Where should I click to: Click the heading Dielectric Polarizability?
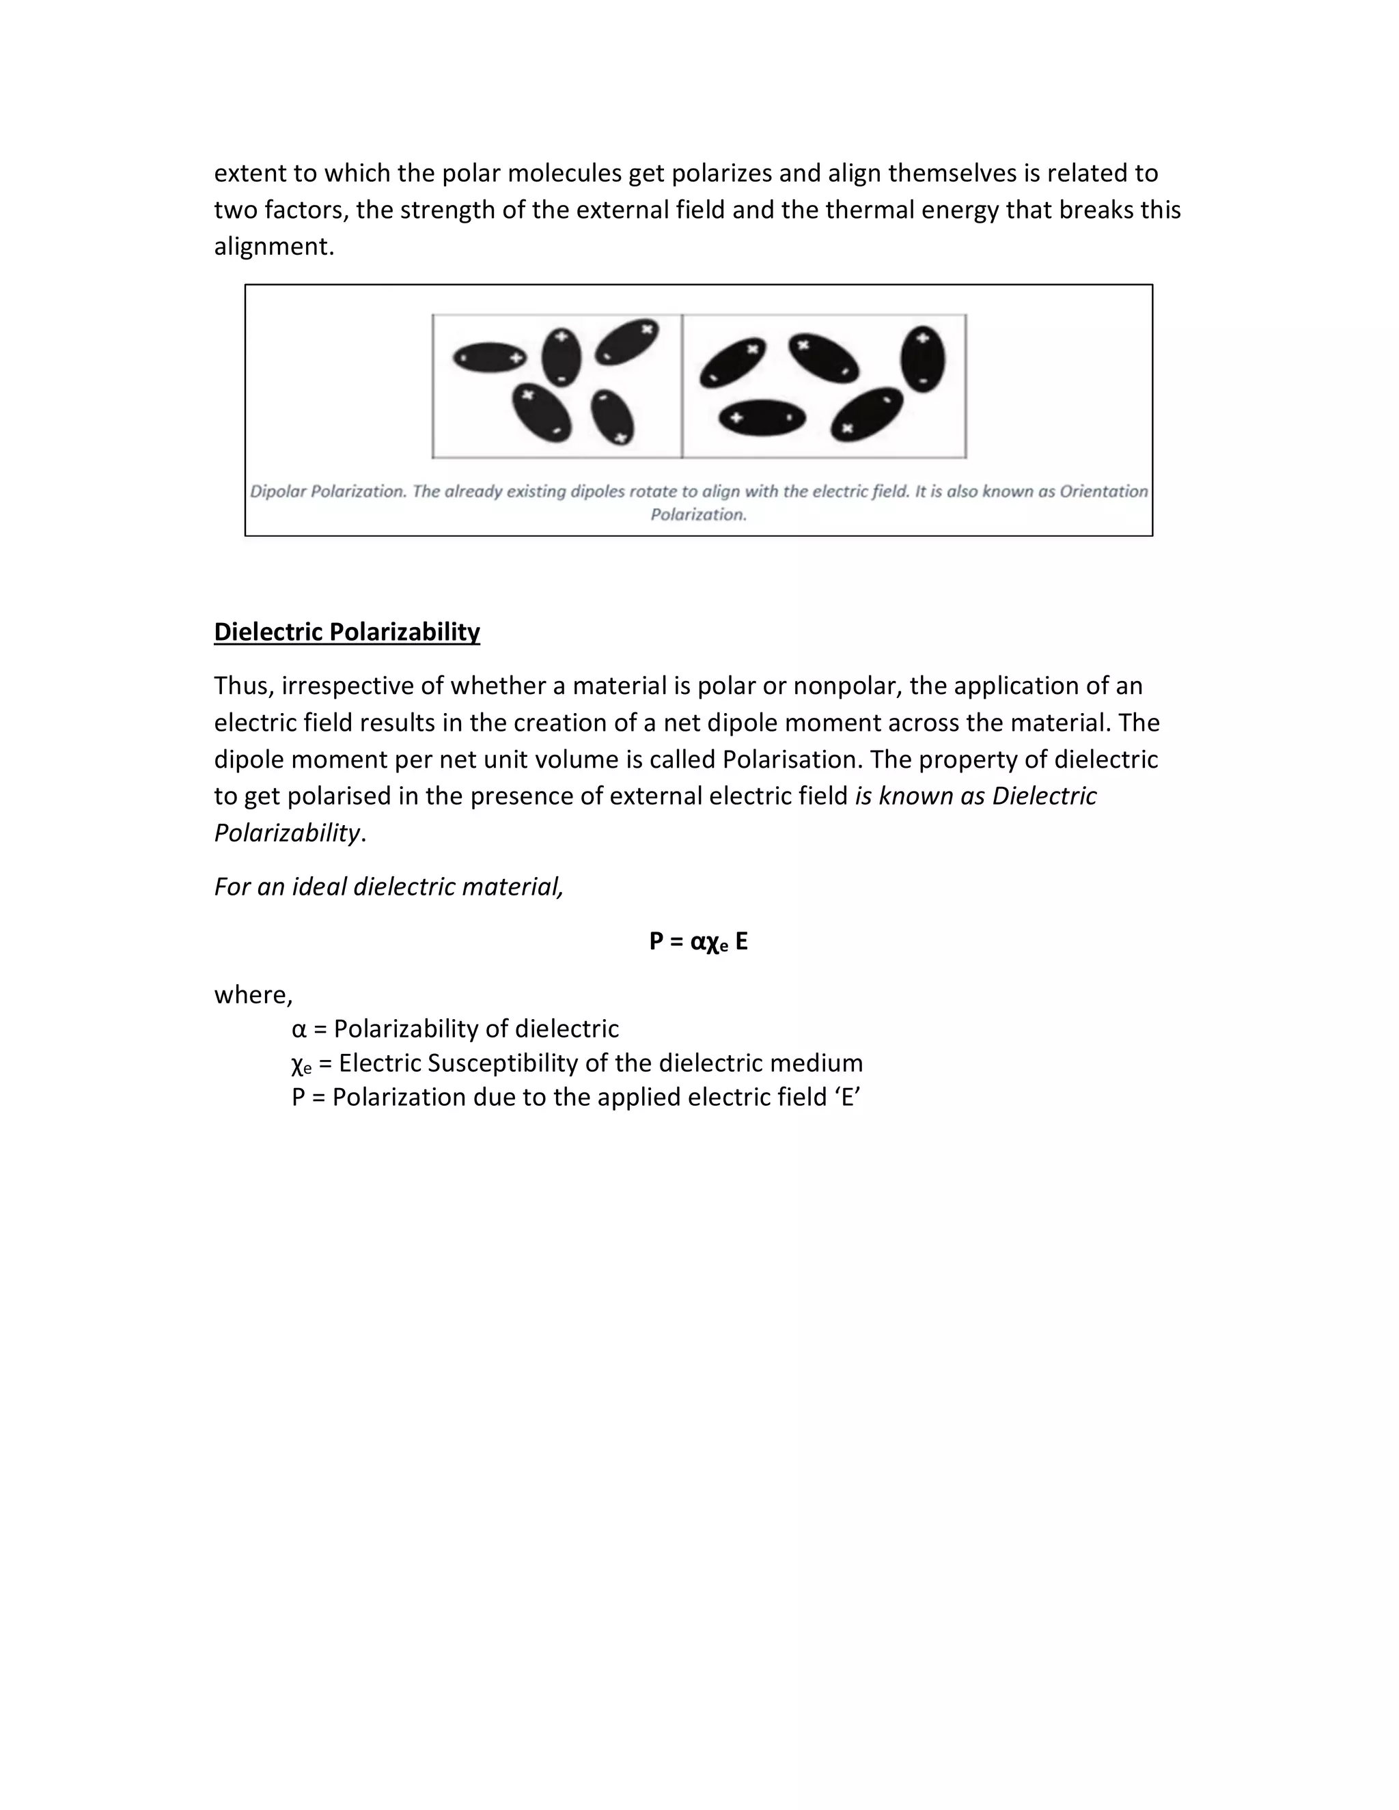coord(346,632)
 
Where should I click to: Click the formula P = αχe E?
coord(698,941)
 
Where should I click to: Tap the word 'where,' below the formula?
coord(253,994)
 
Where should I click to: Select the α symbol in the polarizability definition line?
coord(299,1029)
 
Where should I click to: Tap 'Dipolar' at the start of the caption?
coord(279,492)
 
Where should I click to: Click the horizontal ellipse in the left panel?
coord(490,357)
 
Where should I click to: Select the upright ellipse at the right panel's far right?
coord(922,359)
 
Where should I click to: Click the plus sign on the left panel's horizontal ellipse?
coord(516,358)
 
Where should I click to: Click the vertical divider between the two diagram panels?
coord(682,385)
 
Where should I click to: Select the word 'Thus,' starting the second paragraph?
coord(244,686)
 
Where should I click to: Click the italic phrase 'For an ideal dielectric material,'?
coord(388,887)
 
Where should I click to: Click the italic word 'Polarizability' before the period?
coord(287,832)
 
